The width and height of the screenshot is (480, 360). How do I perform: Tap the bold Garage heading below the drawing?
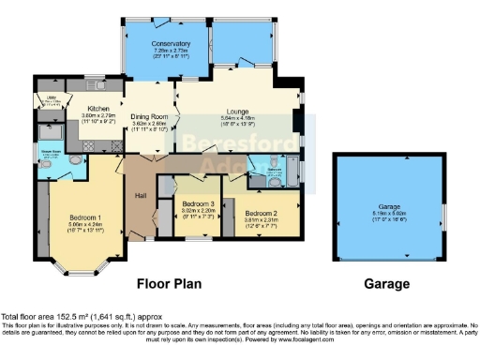(x=387, y=283)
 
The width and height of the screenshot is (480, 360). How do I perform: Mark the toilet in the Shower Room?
(x=74, y=160)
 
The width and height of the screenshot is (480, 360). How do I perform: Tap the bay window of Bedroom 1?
(x=82, y=266)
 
